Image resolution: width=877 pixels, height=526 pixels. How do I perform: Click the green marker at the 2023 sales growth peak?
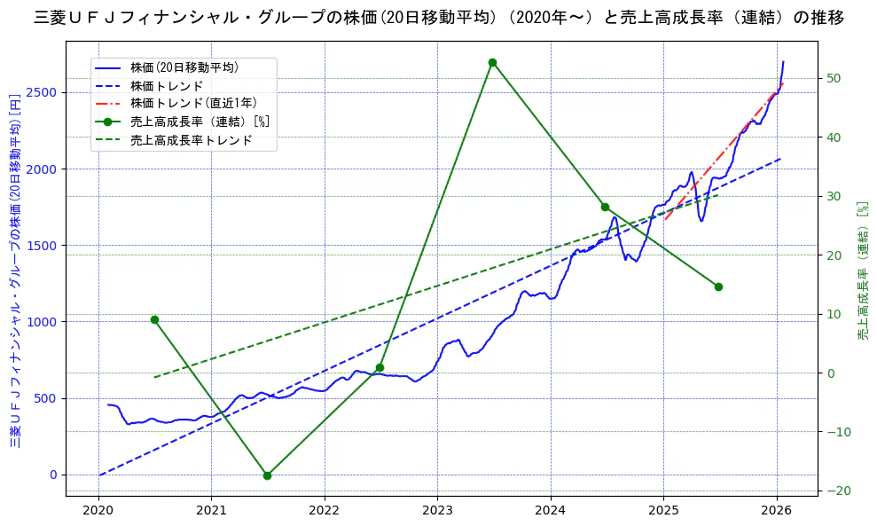point(492,62)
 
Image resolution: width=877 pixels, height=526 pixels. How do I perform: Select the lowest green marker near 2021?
point(267,475)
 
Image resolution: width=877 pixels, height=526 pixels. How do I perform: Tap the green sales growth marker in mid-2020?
point(154,319)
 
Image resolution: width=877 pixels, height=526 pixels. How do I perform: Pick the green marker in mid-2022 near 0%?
point(380,367)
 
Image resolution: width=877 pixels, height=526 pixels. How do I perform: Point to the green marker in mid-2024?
point(605,207)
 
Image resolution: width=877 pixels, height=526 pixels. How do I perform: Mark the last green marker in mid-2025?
point(718,287)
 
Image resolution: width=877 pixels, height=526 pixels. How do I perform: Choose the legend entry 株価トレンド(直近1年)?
point(193,104)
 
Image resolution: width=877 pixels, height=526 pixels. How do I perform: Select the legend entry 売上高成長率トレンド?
point(191,140)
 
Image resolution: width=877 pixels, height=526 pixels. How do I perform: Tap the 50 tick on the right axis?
point(830,78)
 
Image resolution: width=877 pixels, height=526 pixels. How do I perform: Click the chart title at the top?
point(438,17)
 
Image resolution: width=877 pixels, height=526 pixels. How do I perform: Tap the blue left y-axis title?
point(15,271)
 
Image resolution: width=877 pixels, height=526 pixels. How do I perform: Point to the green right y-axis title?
point(862,271)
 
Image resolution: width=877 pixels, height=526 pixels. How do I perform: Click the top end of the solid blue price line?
point(783,62)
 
